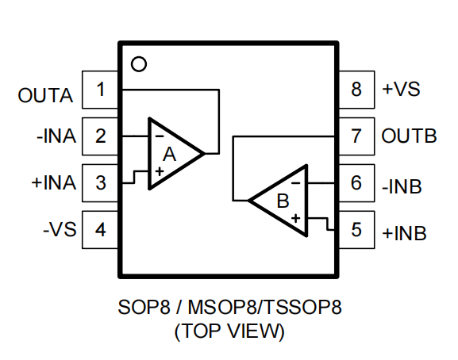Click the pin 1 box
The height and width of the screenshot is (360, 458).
coord(100,90)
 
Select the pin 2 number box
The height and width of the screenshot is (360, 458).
coord(100,136)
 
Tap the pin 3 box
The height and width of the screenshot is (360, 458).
coord(100,182)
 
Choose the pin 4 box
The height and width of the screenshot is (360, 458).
coord(100,230)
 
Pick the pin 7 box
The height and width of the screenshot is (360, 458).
coord(356,136)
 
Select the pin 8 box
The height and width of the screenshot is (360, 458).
coord(356,90)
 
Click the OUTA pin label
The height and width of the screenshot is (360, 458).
coord(45,97)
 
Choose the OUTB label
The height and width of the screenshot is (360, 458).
coord(409,136)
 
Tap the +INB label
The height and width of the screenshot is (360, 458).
coord(404,234)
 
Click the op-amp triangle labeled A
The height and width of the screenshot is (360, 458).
coord(172,153)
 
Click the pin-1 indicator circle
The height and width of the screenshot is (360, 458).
coord(138,63)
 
